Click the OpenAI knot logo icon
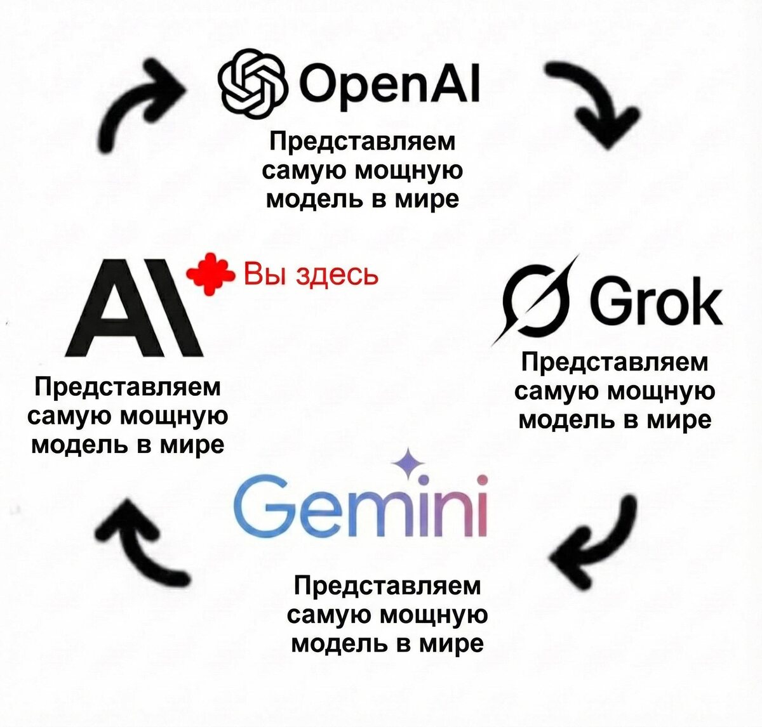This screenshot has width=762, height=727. (251, 84)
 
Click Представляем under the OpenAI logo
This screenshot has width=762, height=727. (363, 142)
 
